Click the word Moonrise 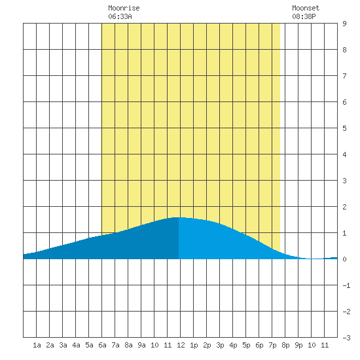(x=124, y=8)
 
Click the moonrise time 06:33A (x=120, y=16)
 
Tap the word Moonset (x=306, y=8)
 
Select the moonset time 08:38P (x=304, y=16)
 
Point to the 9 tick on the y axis (x=344, y=24)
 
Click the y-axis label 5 (x=344, y=128)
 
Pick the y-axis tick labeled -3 (x=346, y=338)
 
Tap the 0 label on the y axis (x=344, y=259)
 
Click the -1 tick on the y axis (x=346, y=285)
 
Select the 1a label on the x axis (x=37, y=345)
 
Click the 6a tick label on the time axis (x=102, y=345)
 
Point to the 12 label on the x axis (x=181, y=345)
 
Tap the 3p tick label (x=220, y=345)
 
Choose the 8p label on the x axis (x=285, y=345)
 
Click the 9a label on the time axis (x=141, y=345)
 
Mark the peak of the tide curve (x=179, y=217)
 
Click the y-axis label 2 (x=344, y=207)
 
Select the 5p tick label (x=246, y=345)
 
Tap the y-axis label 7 (x=344, y=76)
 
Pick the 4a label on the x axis (x=76, y=345)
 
